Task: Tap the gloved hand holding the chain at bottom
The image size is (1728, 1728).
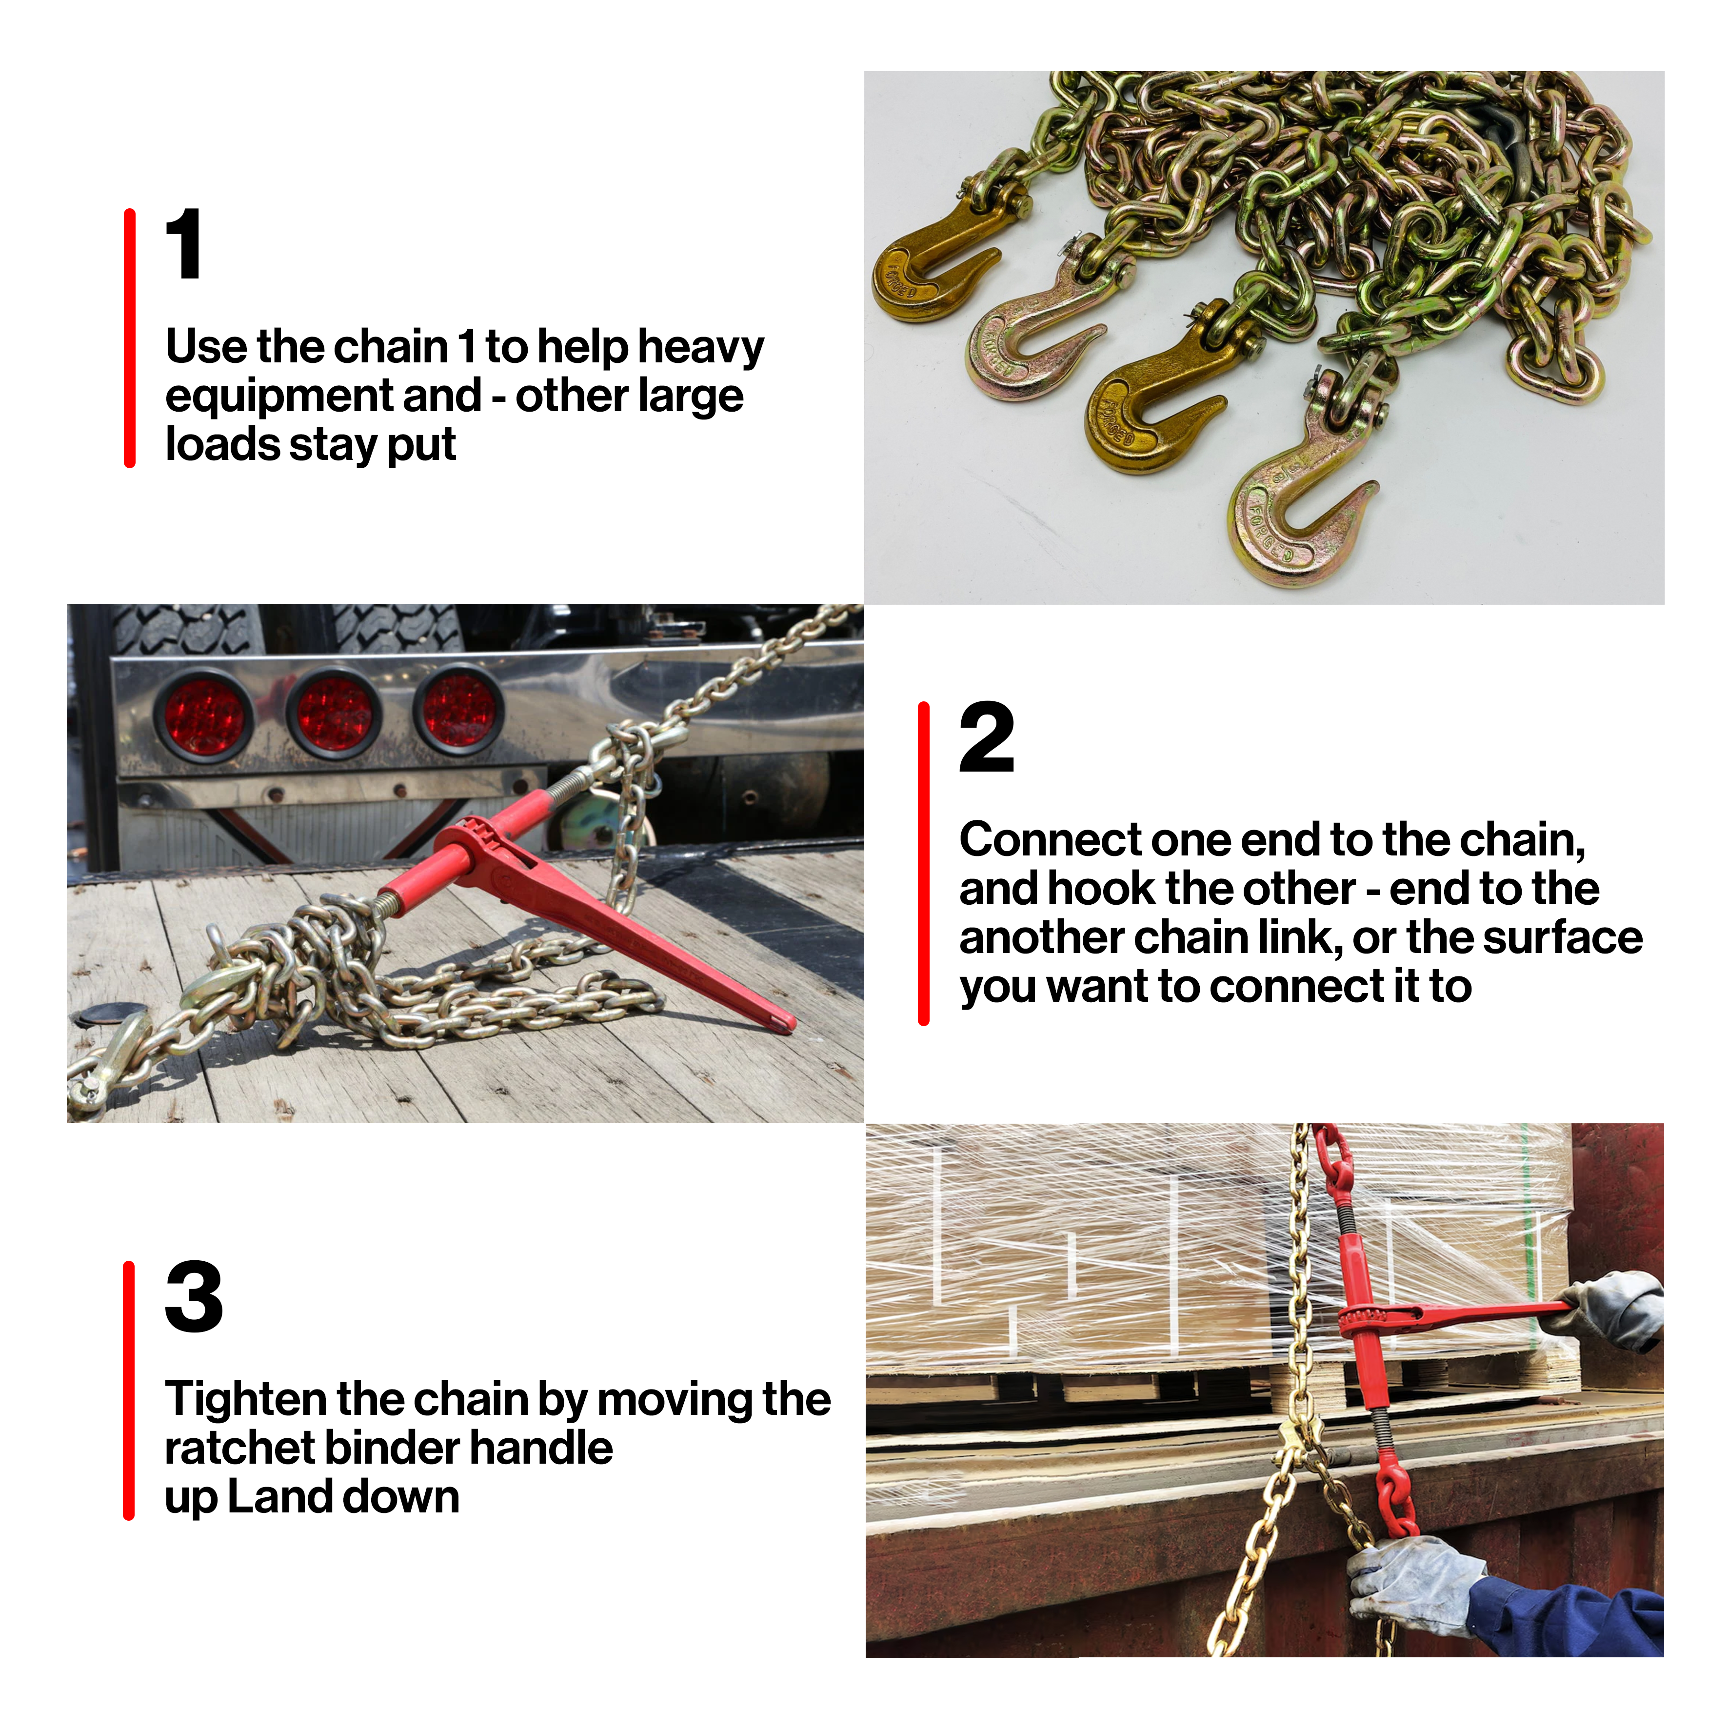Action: click(x=1413, y=1583)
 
